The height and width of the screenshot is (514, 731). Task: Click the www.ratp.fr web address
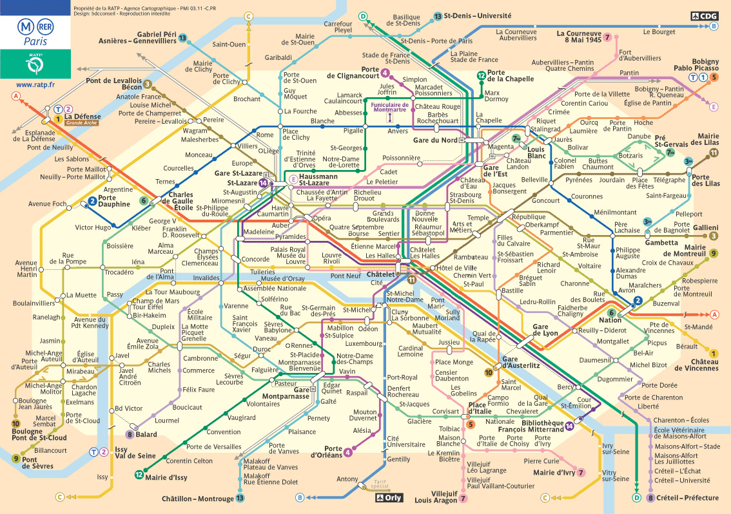[35, 84]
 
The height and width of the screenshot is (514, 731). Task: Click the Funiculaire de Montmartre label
[391, 108]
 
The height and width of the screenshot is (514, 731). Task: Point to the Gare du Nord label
[435, 140]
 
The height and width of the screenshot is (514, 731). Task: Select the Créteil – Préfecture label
[687, 497]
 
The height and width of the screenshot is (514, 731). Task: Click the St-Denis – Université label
[478, 15]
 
